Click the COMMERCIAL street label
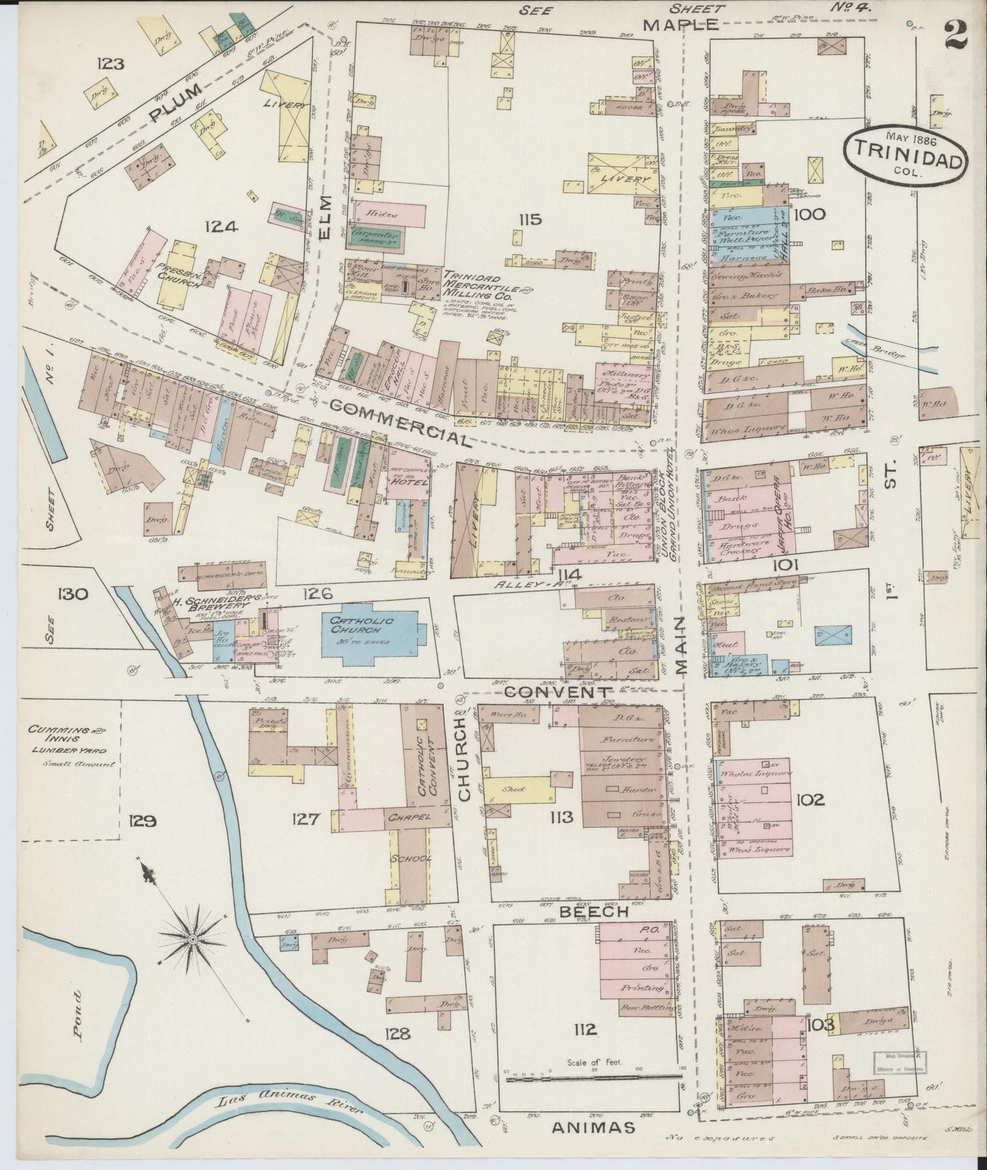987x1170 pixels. (399, 423)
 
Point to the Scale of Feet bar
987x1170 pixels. (593, 1080)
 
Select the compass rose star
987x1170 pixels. (195, 941)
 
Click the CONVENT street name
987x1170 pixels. (557, 692)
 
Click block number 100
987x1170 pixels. (810, 214)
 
